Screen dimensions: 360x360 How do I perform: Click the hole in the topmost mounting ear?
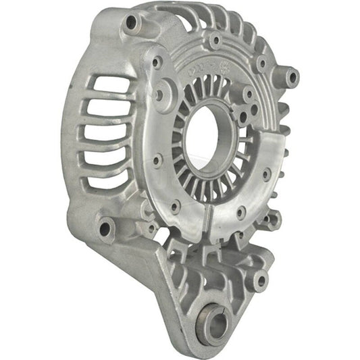tap(130, 24)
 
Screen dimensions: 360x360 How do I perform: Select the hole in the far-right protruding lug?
tap(292, 78)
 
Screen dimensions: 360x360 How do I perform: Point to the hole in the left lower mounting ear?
tap(105, 228)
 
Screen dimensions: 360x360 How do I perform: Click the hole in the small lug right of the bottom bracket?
tap(259, 279)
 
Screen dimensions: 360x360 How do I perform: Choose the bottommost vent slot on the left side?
tap(101, 180)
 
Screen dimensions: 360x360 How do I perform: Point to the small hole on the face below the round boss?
tap(157, 160)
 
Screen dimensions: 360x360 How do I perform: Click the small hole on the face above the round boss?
tap(157, 62)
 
